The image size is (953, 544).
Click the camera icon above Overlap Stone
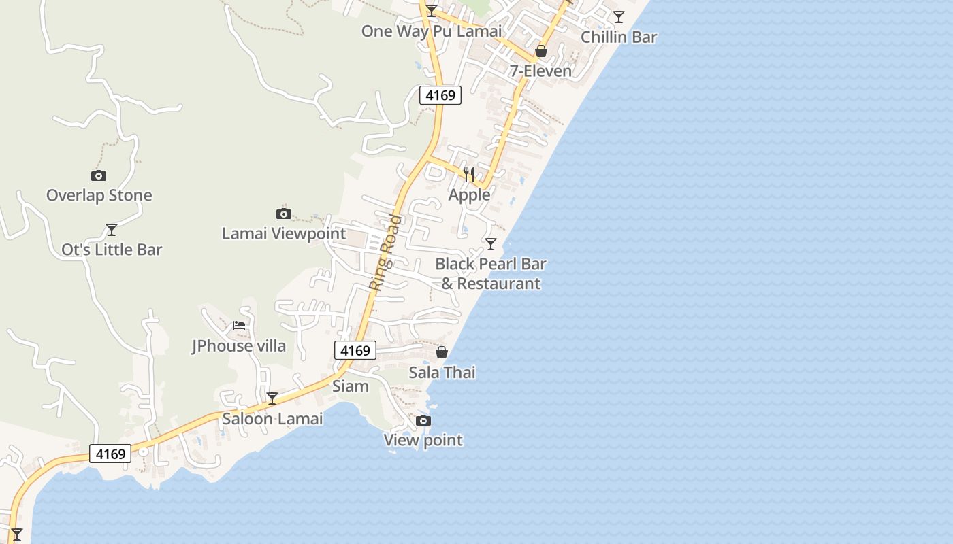(99, 175)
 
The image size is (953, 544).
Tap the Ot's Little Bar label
(112, 250)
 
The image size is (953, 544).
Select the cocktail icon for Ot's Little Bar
(112, 229)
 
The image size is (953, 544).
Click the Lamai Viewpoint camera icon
(284, 214)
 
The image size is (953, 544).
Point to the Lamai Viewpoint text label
(284, 234)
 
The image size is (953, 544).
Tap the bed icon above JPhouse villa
(239, 325)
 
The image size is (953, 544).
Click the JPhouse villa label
(238, 346)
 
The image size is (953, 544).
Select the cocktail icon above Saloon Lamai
(272, 398)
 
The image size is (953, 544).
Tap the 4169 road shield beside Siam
(355, 350)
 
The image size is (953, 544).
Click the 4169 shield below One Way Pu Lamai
(440, 95)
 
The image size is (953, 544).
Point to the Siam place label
(351, 386)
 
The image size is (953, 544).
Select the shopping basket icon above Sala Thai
(442, 352)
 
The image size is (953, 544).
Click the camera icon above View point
(423, 420)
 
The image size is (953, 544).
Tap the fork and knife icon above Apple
(469, 175)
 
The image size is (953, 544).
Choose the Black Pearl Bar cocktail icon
(491, 243)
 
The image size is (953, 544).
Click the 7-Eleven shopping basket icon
(541, 51)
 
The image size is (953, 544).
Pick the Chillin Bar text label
(619, 37)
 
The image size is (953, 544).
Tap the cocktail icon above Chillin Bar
(618, 17)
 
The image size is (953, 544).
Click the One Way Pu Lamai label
(432, 31)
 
